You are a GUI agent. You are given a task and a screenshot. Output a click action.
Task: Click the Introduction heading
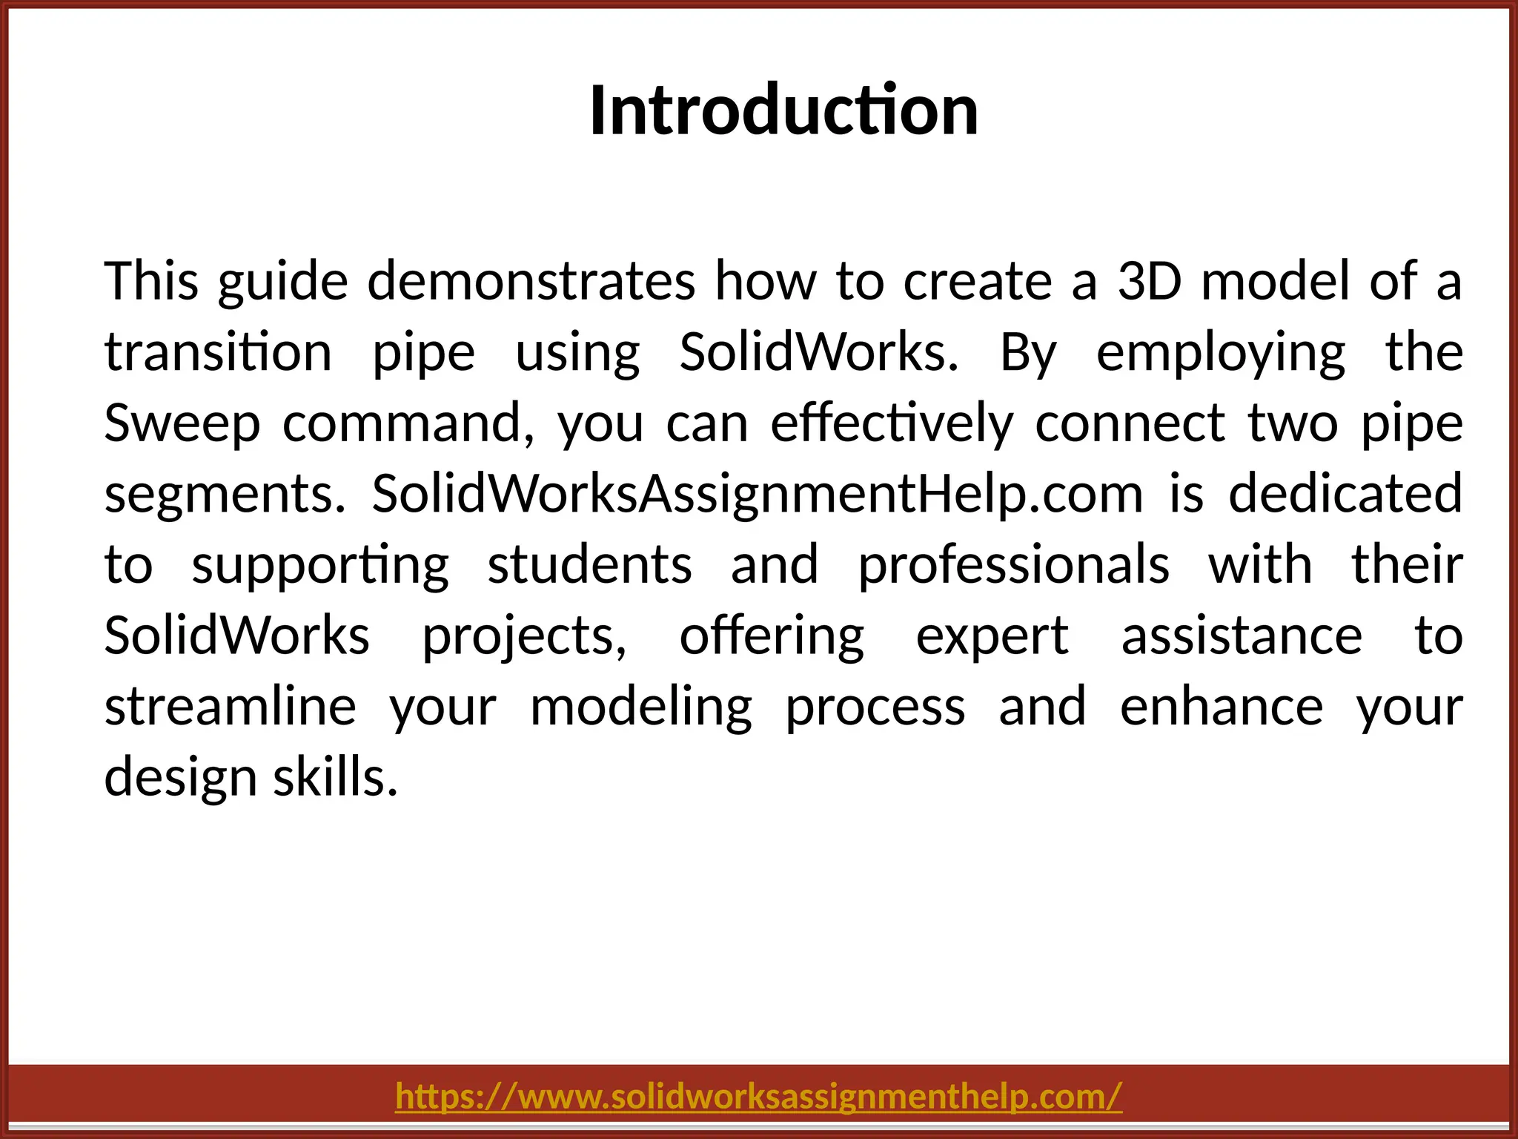coord(783,111)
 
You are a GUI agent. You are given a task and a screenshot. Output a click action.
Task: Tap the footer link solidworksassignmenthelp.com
coord(759,1096)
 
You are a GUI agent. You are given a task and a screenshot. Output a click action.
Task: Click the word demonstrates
coord(531,282)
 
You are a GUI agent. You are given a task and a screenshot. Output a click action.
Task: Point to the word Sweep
coord(182,423)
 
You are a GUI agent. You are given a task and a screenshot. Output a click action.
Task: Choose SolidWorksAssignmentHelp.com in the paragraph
coord(758,495)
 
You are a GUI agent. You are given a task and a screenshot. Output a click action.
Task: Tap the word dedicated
coord(1345,495)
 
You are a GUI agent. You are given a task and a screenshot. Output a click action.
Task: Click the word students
coord(590,565)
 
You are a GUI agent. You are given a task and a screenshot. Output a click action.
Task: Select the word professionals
coord(1013,565)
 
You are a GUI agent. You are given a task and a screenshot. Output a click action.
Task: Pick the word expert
coord(992,636)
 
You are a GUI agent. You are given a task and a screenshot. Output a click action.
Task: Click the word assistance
coord(1242,636)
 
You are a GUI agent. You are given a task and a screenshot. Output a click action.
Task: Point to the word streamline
coord(231,707)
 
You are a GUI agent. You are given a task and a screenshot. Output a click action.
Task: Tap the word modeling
coord(641,707)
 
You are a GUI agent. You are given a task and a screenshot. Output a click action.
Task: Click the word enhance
coord(1222,707)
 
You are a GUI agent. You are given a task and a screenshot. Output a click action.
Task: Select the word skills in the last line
coord(336,778)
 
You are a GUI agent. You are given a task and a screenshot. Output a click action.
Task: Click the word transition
coord(218,353)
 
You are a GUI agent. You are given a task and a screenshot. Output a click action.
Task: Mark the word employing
coord(1221,353)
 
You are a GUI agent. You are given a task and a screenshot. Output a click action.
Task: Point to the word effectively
coord(892,423)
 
